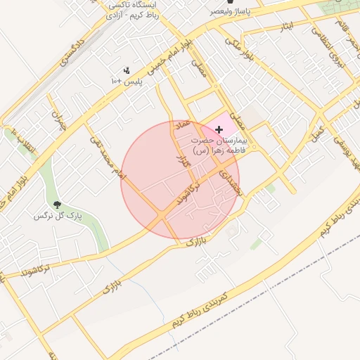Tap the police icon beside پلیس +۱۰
pos(127,70)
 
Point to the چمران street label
pos(58,122)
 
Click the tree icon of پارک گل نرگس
pos(56,205)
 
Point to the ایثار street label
pos(285,27)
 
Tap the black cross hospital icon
pos(219,129)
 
